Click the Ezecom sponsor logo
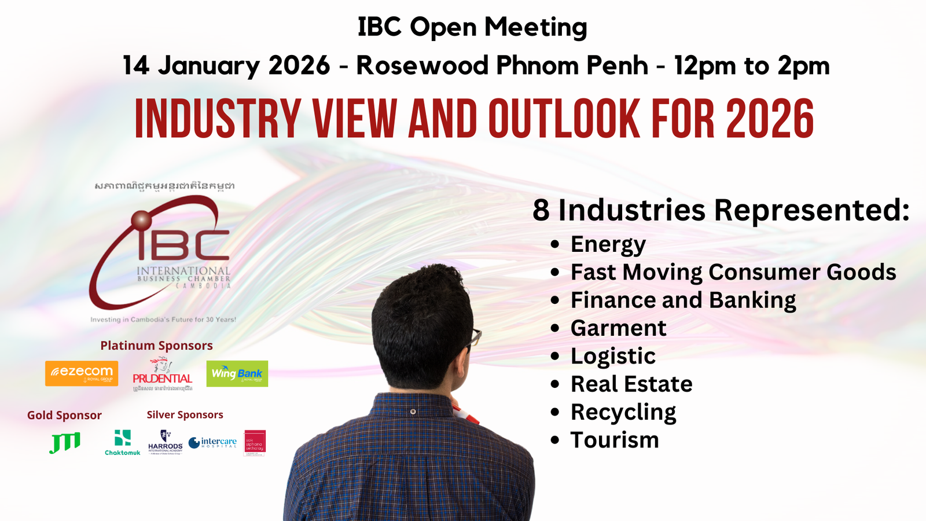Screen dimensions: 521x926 point(82,373)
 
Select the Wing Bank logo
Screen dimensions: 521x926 point(237,373)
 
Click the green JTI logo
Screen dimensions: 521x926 point(65,443)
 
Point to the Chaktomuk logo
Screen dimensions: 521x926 point(123,443)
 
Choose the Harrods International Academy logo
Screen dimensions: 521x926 point(165,443)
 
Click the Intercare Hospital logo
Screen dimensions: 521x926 point(212,443)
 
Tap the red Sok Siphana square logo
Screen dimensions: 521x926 point(255,443)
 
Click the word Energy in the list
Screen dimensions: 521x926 point(608,244)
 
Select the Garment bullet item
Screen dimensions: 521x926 point(618,328)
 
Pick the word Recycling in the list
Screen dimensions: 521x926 point(623,412)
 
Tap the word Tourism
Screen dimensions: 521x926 point(615,440)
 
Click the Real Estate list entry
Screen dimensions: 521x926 point(631,384)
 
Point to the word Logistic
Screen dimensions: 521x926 point(613,356)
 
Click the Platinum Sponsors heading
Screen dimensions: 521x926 point(157,346)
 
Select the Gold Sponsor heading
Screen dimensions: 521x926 point(64,415)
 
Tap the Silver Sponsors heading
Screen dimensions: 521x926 point(185,414)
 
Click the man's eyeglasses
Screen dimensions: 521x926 point(475,336)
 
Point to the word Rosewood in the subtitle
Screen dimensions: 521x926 point(422,65)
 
